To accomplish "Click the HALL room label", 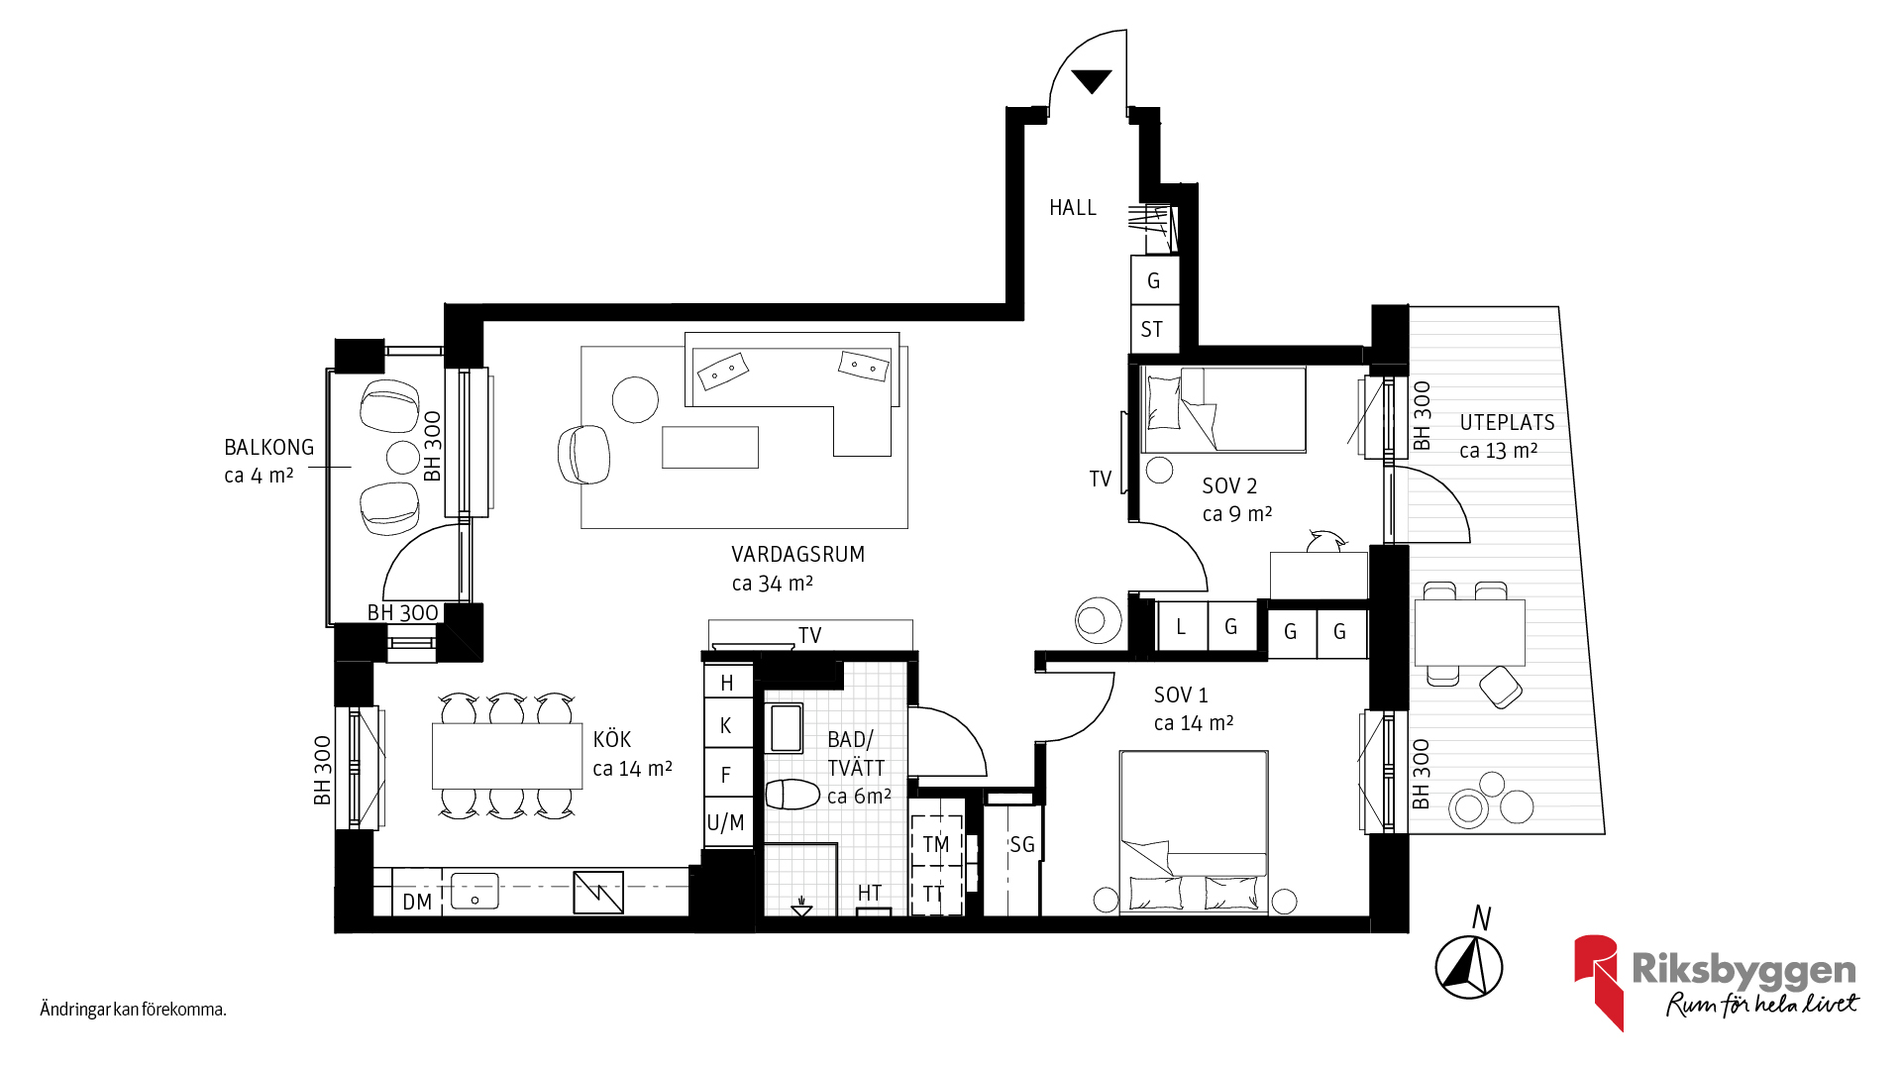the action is [x=1073, y=208].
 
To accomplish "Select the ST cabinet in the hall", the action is [x=1154, y=329].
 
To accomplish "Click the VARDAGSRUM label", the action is [x=798, y=555].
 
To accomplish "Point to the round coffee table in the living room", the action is [x=635, y=400].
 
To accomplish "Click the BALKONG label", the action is [x=268, y=448].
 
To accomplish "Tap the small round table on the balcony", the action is [x=403, y=458].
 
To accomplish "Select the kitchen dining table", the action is [x=507, y=756].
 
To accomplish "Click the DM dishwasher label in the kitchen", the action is [x=417, y=903].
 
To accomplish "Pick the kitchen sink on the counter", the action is [x=475, y=892].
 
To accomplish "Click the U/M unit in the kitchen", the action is [x=726, y=823].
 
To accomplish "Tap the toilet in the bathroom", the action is [x=792, y=795].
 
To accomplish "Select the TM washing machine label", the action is [x=936, y=845].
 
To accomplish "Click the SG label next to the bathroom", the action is [x=1022, y=845].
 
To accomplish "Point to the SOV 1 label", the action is [x=1181, y=695].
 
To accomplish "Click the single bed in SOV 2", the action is [x=1223, y=410].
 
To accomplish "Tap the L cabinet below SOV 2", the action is [x=1182, y=627].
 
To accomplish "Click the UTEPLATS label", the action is [x=1507, y=423].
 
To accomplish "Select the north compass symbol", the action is [x=1469, y=967].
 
